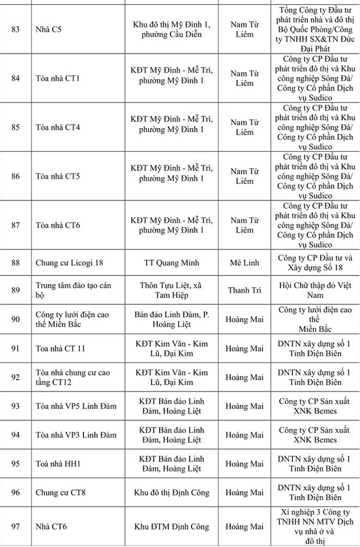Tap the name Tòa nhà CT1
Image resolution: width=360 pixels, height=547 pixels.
pos(58,78)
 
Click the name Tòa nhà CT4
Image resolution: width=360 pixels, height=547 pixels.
pos(58,127)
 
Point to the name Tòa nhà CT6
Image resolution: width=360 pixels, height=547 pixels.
pos(58,225)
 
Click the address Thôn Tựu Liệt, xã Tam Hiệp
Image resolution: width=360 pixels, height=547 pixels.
pos(171,290)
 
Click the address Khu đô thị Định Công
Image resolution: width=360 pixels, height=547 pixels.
pos(171,493)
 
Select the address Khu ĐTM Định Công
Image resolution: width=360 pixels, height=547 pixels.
pos(171,526)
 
